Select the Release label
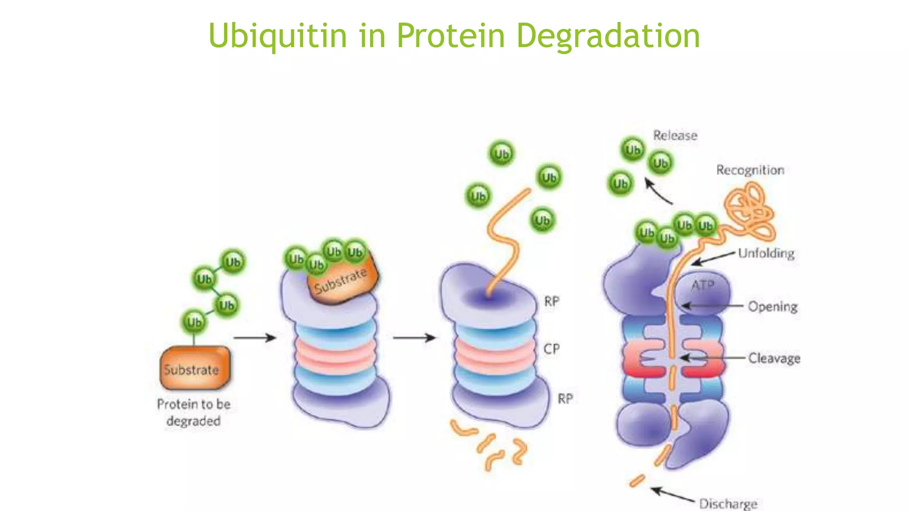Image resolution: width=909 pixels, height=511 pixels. (x=675, y=135)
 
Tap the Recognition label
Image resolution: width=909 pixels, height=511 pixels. (x=750, y=170)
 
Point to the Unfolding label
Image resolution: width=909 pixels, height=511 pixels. (x=766, y=253)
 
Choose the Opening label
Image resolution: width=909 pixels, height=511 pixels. (x=772, y=307)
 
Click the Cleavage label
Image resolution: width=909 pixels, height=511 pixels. (x=774, y=358)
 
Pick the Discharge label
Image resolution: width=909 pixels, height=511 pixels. (x=728, y=503)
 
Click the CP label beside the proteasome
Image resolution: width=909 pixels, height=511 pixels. (x=552, y=349)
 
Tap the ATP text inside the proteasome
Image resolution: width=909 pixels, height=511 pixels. (x=703, y=285)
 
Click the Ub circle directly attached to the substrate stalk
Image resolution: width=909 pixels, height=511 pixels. (x=194, y=322)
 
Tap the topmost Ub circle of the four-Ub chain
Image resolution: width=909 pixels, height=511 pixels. (x=233, y=262)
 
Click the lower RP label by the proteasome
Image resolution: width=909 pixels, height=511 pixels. (x=565, y=399)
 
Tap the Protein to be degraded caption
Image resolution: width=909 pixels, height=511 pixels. (x=194, y=412)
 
